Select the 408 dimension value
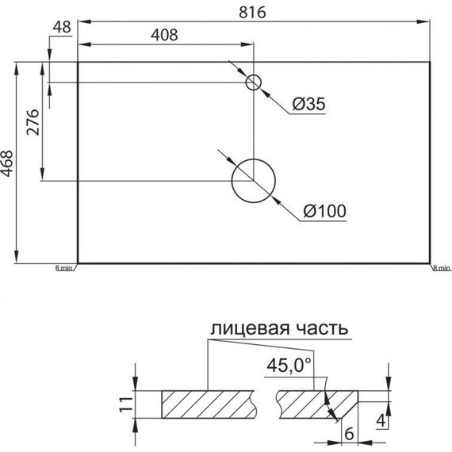pos(163,35)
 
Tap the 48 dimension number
pos(61,26)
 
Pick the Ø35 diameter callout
pos(308,103)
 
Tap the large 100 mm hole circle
pos(253,180)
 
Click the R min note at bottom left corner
pos(64,269)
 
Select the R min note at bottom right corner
pos(442,269)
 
